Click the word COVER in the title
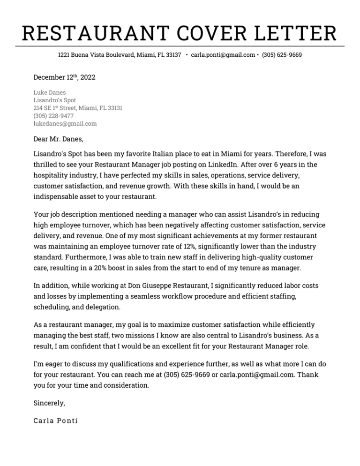199,34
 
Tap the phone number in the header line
282,55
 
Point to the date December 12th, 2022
64,77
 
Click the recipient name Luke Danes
50,92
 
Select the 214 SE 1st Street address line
78,108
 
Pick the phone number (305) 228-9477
53,116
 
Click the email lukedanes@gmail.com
65,124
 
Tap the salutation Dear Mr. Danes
58,139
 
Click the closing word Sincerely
49,403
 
